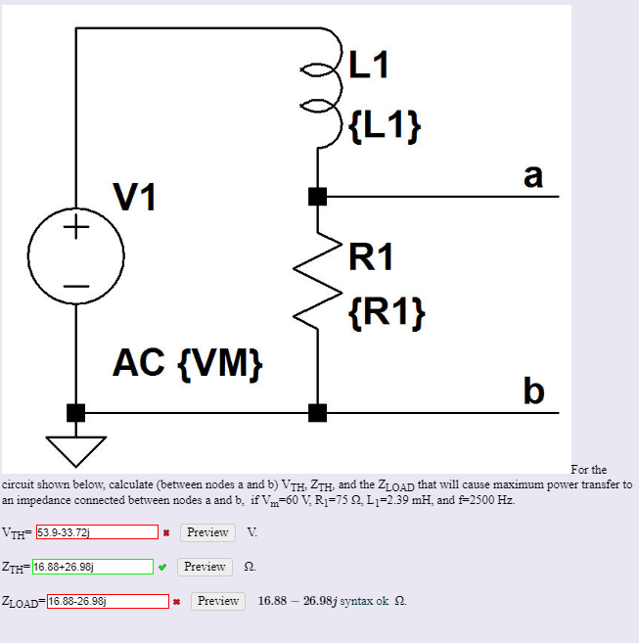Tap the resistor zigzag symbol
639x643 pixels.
pos(316,282)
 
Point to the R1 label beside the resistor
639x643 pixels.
pos(371,256)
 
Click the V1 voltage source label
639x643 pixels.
pos(133,199)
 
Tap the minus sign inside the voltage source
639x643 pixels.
pos(75,286)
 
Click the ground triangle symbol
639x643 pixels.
pos(75,448)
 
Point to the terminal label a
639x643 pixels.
pos(531,175)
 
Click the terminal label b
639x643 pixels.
pos(532,390)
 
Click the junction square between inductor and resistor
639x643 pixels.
pos(316,196)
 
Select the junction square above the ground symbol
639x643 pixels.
pos(75,412)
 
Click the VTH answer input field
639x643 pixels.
pos(96,532)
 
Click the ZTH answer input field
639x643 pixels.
pos(92,567)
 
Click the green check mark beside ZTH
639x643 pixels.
pos(163,567)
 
